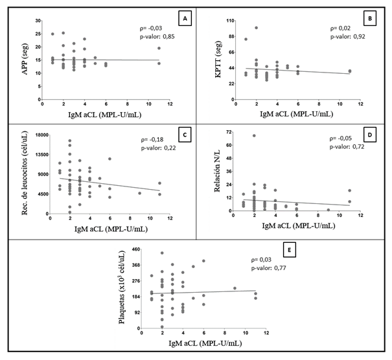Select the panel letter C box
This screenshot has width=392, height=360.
[185, 135]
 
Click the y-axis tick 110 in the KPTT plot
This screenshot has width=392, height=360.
[229, 21]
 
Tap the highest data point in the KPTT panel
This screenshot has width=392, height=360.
[256, 28]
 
